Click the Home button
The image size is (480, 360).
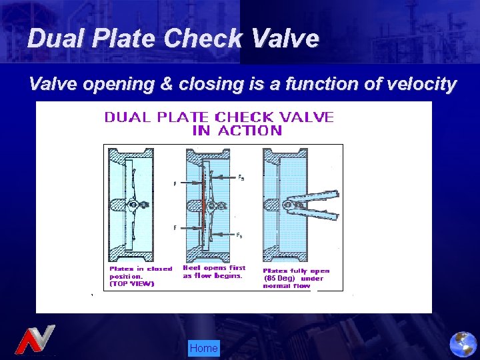pos(203,348)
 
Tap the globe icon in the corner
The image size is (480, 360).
pos(463,345)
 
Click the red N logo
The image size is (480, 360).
pos(35,339)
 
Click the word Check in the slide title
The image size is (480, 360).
pos(204,38)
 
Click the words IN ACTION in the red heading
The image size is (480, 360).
pos(237,131)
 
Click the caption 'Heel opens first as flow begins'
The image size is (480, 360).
pos(214,272)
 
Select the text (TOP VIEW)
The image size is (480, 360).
pos(131,283)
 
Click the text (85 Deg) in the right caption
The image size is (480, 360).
pos(279,278)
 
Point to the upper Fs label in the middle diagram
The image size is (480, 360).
pos(241,178)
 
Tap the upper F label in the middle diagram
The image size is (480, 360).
pos(175,184)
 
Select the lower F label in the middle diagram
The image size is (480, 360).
pos(175,228)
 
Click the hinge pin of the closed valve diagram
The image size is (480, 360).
pos(133,205)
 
